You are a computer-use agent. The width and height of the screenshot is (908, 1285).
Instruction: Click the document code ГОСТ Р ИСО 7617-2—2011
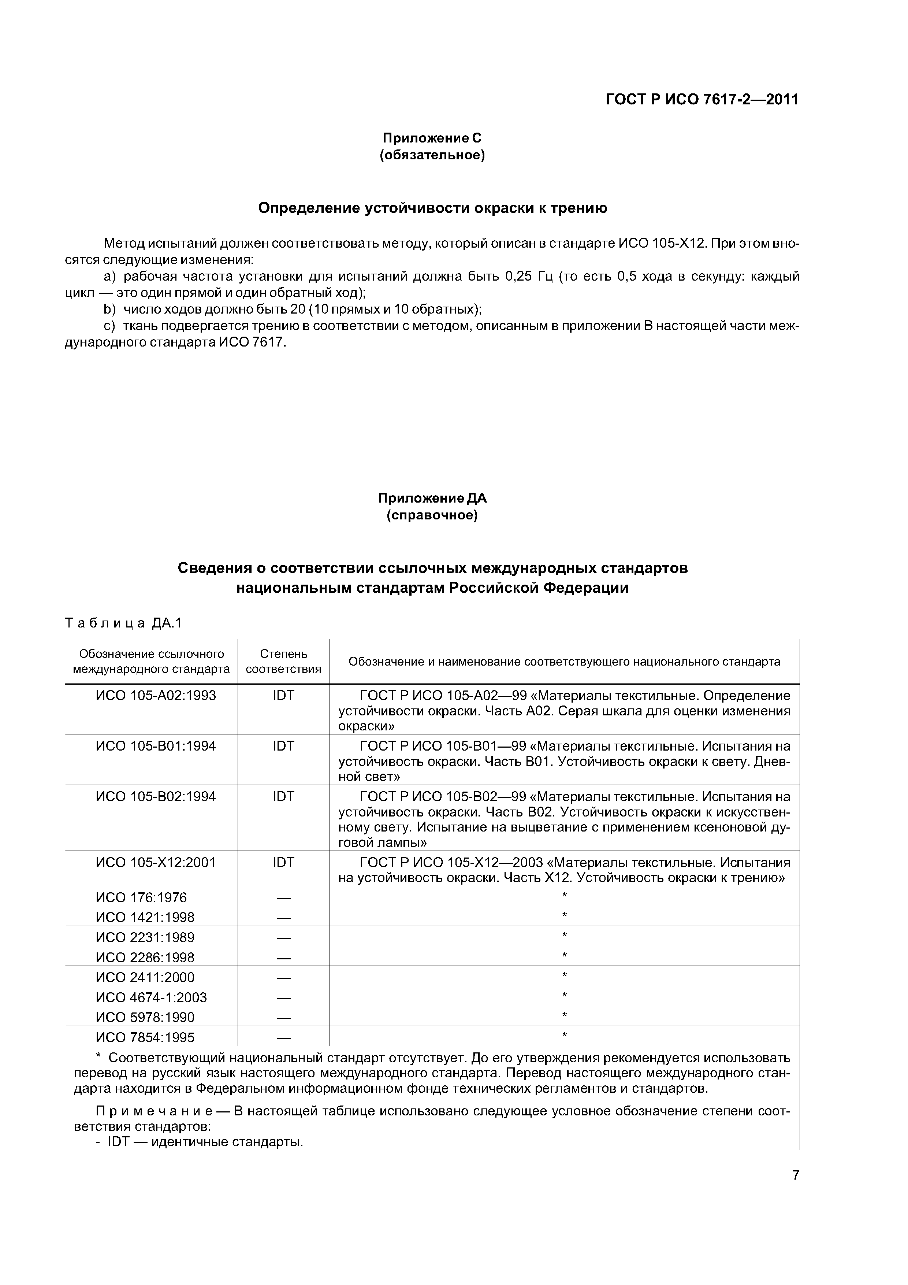point(702,100)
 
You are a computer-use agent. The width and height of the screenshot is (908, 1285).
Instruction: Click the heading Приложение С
point(431,138)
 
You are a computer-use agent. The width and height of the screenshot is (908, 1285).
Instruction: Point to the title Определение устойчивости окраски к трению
point(432,208)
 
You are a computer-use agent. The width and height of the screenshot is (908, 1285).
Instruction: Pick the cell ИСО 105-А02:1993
point(156,695)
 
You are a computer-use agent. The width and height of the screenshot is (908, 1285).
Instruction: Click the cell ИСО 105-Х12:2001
point(156,862)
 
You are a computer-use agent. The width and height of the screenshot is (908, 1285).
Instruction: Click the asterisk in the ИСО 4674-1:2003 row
point(564,996)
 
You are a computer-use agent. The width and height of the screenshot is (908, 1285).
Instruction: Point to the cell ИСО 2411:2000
point(145,977)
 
